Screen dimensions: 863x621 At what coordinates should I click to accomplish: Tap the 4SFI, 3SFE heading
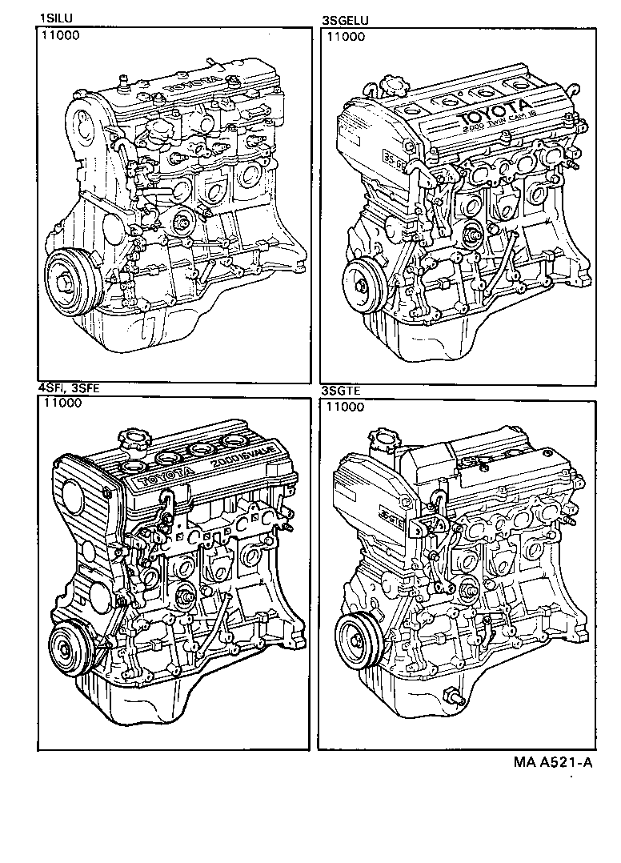(x=70, y=388)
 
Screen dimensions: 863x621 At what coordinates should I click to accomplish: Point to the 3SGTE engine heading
(x=343, y=391)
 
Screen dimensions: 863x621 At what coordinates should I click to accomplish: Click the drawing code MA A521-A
(x=553, y=761)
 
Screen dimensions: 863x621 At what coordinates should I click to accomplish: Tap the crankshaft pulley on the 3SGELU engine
(x=363, y=282)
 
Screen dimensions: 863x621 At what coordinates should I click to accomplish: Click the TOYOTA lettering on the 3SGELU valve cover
(x=494, y=112)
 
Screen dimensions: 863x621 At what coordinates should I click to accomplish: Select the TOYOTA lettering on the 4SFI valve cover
(x=166, y=476)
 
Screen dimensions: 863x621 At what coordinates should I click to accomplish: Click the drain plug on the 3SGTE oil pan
(x=453, y=696)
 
